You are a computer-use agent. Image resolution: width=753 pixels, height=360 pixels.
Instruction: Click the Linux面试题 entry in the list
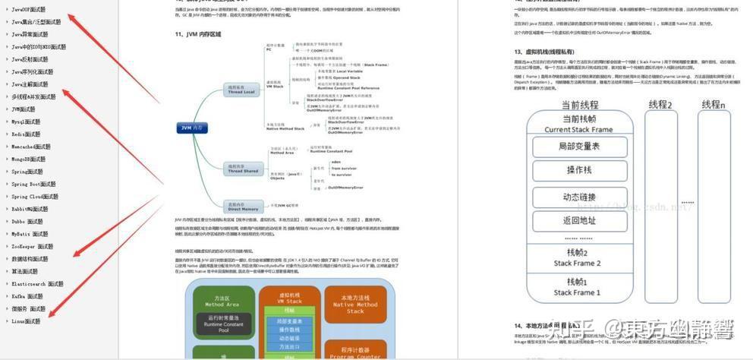click(26, 321)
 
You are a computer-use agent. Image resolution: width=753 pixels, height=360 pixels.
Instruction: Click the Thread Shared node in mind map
click(244, 169)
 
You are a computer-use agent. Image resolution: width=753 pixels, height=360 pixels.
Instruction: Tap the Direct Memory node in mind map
click(244, 206)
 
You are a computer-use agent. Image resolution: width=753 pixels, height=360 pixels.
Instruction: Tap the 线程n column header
click(712, 104)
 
